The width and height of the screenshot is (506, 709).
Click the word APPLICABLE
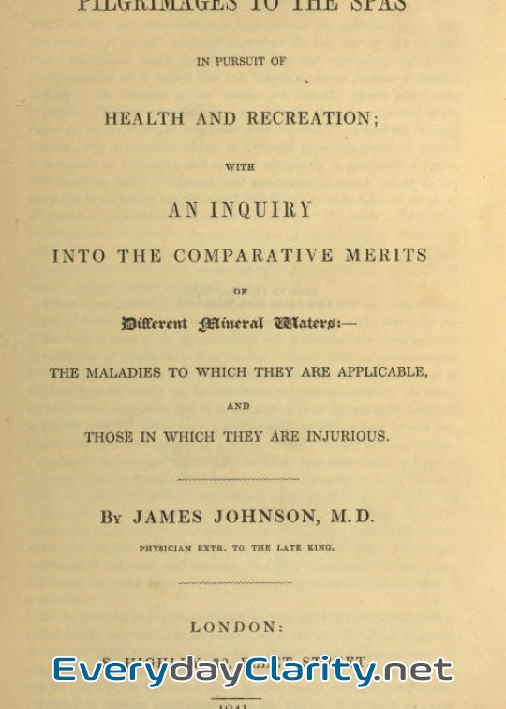(376, 372)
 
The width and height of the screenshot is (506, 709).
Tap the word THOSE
(108, 437)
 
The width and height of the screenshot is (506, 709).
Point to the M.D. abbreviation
(351, 517)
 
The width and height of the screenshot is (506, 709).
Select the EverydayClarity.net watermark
(253, 670)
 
